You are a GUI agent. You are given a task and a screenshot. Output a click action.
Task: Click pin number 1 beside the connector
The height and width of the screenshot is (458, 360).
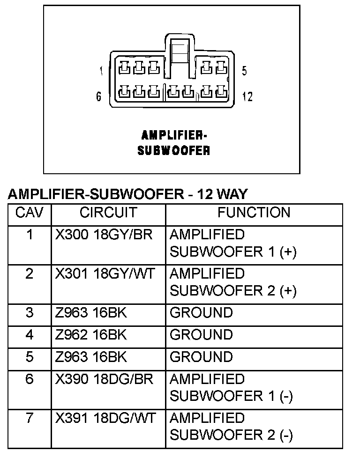click(101, 71)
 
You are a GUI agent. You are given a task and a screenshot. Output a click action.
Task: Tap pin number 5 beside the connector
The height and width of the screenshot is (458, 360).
click(245, 71)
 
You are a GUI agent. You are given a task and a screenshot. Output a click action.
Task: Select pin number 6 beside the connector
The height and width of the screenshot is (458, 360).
click(99, 96)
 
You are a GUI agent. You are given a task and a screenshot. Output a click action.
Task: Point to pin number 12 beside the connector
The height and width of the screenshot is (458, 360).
click(247, 96)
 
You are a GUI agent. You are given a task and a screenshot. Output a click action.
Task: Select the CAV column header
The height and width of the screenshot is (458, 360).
click(30, 213)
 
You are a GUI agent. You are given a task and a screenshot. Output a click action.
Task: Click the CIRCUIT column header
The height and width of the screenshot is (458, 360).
click(108, 213)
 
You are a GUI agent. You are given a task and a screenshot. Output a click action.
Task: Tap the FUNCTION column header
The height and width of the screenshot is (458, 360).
click(254, 213)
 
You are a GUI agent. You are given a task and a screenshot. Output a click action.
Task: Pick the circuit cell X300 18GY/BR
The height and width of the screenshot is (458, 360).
click(104, 234)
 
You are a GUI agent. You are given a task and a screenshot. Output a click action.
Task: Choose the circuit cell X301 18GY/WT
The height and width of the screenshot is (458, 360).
click(105, 273)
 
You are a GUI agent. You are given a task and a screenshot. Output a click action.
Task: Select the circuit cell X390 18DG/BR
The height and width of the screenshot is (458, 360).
click(104, 379)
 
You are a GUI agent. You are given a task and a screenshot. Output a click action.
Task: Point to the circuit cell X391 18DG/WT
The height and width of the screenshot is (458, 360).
click(105, 418)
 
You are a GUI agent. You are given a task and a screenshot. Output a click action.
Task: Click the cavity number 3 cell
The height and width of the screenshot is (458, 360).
click(30, 312)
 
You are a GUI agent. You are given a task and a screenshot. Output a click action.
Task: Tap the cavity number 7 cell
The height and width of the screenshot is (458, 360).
click(30, 418)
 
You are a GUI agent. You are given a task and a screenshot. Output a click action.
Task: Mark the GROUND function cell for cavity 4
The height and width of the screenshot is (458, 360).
click(201, 335)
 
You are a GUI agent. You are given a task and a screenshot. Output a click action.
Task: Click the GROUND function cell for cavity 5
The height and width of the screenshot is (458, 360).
click(201, 357)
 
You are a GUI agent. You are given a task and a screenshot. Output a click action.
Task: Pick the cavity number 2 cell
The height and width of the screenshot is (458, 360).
click(30, 273)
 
